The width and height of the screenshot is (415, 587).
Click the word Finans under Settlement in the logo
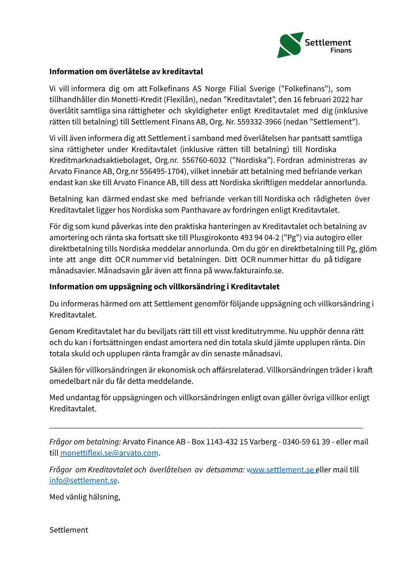[341, 51]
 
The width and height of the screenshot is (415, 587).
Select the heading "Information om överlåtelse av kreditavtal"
[126, 72]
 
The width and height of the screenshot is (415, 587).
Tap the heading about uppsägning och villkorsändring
[164, 287]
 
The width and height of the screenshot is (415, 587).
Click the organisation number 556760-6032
[204, 160]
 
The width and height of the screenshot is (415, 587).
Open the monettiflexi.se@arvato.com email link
[109, 453]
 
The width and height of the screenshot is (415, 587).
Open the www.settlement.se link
[280, 470]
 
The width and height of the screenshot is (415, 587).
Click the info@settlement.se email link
[83, 481]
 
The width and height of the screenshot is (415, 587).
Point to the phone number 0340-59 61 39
[306, 442]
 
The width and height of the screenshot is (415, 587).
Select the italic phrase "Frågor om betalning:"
[85, 442]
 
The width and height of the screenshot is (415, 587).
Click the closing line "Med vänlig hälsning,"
[85, 497]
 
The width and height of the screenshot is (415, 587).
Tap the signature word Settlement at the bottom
[69, 530]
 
